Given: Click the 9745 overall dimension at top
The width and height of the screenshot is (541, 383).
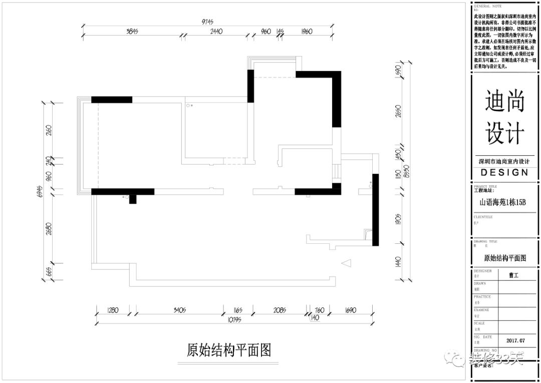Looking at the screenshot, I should point(207,22).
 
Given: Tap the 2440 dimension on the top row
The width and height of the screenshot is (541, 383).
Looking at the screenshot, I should point(216,32).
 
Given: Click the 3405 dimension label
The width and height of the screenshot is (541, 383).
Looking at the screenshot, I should point(179,310).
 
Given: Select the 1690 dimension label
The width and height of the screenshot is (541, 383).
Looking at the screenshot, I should point(350,310).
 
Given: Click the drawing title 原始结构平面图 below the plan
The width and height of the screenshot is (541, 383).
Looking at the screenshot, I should point(229,350).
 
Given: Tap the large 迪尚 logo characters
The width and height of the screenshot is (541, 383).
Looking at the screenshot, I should point(505,103).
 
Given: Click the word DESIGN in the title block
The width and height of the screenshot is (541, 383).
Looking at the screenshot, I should point(504,173).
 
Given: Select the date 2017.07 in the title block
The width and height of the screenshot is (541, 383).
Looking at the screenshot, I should point(515,340).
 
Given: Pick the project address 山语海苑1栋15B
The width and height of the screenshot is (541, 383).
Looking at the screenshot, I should point(502,203).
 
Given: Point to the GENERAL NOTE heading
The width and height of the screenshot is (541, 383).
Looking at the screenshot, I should point(488,6).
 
